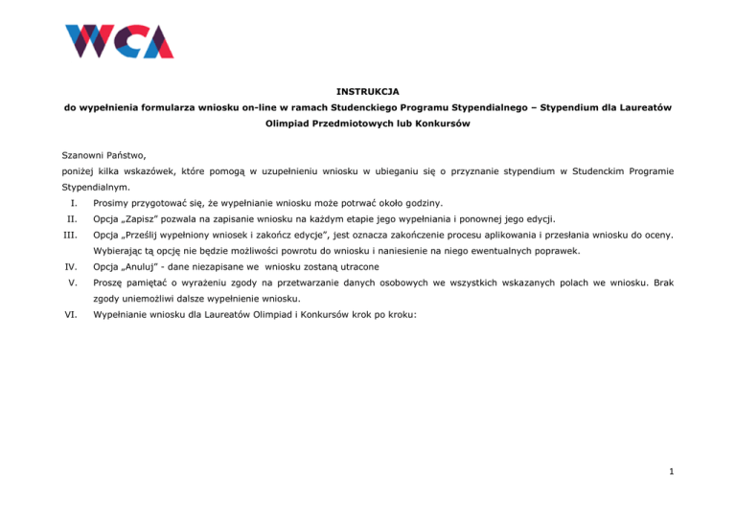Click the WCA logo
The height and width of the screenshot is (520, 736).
pyautogui.click(x=119, y=41)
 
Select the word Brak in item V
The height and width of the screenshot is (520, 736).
pyautogui.click(x=661, y=282)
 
